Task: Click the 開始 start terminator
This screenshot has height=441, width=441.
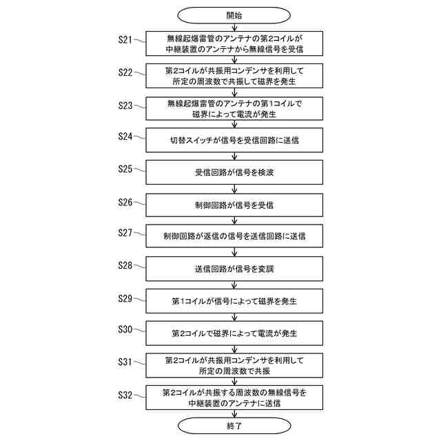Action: pos(234,14)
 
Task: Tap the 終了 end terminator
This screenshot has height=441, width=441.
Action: pos(234,426)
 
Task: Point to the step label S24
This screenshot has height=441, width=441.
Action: pos(125,136)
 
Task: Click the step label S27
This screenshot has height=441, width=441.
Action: pos(125,232)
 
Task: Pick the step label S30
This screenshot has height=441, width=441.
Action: pos(125,329)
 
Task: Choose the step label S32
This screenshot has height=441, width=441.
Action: pos(125,394)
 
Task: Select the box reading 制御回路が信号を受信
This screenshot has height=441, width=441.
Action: pos(234,205)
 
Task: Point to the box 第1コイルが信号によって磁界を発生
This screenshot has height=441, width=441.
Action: pos(234,301)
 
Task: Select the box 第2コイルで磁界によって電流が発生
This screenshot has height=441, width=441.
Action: pos(234,333)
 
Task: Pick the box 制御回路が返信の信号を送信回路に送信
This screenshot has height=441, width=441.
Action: pos(234,236)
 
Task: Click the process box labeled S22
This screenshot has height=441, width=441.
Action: pos(234,76)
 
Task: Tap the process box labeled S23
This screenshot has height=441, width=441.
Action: pos(234,109)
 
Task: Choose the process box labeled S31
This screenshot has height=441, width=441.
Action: pos(234,365)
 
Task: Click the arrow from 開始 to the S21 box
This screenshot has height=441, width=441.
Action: pos(234,26)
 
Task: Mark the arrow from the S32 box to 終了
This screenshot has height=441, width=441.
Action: pos(234,413)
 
